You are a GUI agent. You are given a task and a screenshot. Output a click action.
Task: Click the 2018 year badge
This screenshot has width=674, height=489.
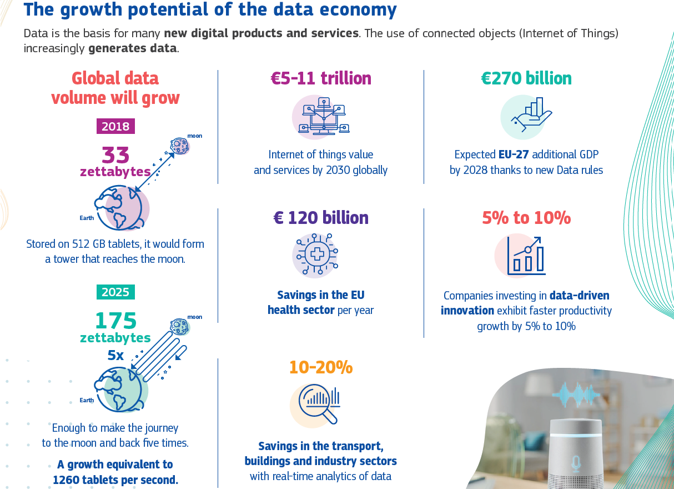115,126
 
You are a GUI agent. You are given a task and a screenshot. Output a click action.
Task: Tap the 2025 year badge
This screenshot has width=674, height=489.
115,292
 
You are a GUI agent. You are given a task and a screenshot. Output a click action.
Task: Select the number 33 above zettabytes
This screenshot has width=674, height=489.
115,155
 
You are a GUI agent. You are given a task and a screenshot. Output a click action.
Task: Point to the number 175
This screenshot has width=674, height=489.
115,321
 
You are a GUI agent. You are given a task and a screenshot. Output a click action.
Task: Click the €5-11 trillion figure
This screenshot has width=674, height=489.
321,78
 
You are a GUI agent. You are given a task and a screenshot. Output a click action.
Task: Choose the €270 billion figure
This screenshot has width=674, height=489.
526,78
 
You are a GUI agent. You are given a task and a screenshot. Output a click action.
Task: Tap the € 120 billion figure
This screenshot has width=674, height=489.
321,217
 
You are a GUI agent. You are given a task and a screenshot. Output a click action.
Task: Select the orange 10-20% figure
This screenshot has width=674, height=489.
321,367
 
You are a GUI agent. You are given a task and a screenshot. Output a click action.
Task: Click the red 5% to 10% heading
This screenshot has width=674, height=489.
526,218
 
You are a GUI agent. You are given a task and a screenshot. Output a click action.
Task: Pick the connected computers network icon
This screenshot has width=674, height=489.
321,116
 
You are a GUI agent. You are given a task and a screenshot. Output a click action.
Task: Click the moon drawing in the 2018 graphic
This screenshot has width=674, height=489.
180,146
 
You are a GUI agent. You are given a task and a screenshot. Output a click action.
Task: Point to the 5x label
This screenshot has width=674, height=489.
115,355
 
